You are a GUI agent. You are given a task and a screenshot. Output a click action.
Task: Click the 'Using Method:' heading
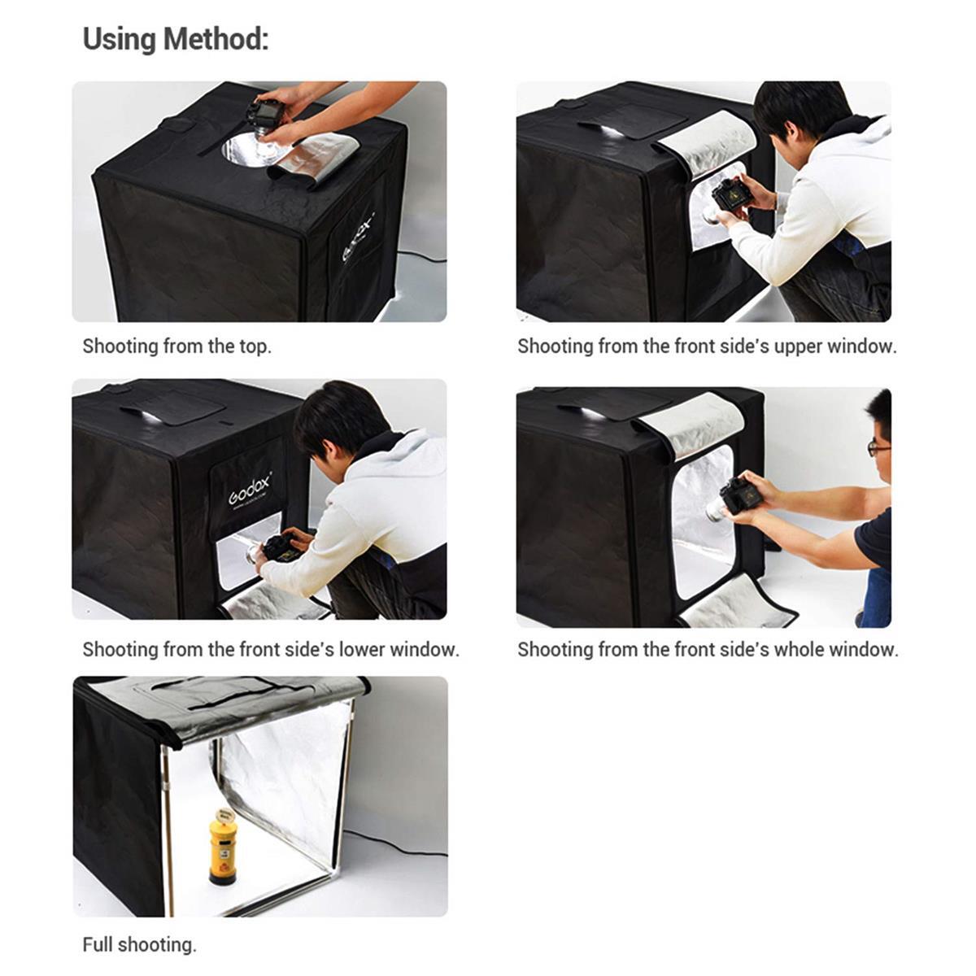[x=175, y=39]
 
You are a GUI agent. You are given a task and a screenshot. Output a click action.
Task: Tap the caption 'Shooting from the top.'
[x=176, y=346]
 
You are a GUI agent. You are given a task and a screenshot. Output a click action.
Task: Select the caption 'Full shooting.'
[x=139, y=945]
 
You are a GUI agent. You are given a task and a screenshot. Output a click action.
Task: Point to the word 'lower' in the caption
[x=362, y=650]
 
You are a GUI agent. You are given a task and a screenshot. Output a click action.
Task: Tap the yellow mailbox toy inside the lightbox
[x=223, y=846]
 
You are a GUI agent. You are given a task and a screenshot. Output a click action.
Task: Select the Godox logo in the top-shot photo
[x=358, y=237]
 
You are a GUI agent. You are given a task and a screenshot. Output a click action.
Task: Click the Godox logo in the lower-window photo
[x=250, y=490]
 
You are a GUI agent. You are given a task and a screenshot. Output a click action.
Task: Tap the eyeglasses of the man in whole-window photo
[x=878, y=447]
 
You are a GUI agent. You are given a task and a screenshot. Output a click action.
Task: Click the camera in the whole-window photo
[x=739, y=495]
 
